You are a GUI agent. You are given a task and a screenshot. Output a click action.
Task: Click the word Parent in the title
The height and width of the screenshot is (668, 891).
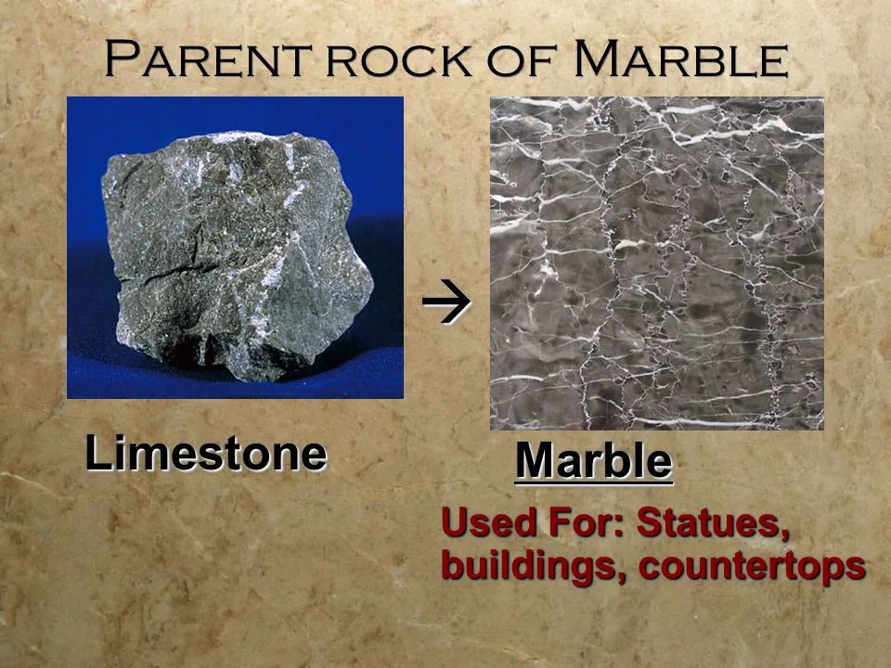point(209,58)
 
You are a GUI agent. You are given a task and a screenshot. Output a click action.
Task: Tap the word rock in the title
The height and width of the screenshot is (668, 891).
point(398,60)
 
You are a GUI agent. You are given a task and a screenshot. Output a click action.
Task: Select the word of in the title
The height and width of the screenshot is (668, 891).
point(523,60)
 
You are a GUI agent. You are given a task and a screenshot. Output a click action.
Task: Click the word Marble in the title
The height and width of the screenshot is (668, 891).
point(681,58)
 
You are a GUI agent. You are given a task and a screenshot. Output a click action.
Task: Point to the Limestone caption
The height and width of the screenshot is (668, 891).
point(206,453)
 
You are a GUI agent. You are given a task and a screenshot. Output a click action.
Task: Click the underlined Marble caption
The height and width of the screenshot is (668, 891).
point(594,460)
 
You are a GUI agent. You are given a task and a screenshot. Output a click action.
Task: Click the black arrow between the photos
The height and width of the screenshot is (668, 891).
point(446,301)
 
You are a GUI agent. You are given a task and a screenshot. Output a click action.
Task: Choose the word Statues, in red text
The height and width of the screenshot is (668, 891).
point(714,523)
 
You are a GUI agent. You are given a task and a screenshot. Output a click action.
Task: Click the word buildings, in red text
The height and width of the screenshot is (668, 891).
point(535,566)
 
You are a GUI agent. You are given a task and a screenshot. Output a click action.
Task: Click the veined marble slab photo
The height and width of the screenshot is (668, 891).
point(657,263)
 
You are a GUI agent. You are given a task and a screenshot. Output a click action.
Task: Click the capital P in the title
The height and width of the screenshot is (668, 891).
point(122,58)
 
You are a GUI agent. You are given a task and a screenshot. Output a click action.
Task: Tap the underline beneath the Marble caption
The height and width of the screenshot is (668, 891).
point(594,483)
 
